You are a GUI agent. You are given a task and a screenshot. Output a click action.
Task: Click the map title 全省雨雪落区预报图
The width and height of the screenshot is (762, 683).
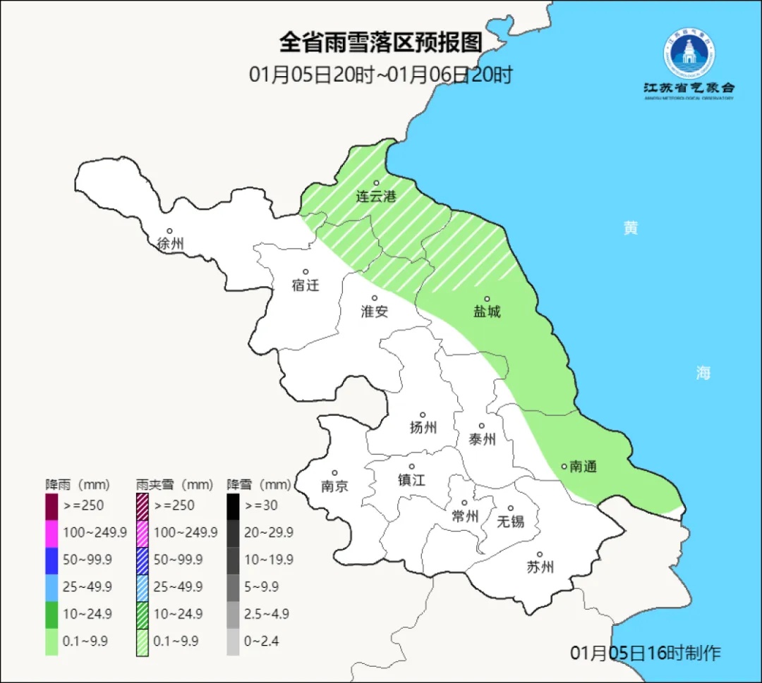tap(380, 43)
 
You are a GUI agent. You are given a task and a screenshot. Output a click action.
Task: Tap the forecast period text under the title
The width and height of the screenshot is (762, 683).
tap(380, 75)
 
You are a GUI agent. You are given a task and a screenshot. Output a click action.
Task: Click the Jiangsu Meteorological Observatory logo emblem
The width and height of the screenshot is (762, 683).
tap(688, 54)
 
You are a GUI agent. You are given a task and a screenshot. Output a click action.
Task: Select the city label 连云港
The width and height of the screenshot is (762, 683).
tap(376, 197)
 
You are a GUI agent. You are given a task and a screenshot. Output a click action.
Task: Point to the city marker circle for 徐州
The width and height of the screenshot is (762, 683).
tap(169, 230)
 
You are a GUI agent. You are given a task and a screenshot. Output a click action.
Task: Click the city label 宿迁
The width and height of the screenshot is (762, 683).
tap(306, 285)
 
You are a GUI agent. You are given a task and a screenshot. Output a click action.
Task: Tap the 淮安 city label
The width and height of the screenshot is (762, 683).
tap(375, 311)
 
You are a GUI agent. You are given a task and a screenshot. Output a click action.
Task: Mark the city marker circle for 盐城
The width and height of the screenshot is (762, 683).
tap(486, 299)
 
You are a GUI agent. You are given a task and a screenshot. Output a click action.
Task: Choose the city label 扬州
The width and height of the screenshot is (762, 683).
tap(423, 427)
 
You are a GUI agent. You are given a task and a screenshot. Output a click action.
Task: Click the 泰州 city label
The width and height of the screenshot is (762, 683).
tap(482, 440)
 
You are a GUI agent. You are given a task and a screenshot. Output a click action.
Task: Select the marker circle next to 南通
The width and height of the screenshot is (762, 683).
tap(564, 466)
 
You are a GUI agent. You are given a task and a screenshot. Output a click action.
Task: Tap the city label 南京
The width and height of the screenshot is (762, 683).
tap(334, 486)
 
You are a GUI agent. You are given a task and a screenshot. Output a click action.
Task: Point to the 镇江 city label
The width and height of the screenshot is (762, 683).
tap(411, 480)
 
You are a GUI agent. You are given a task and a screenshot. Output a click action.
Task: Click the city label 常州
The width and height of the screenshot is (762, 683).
tap(465, 517)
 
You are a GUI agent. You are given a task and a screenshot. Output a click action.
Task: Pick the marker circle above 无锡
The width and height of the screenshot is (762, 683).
tap(511, 508)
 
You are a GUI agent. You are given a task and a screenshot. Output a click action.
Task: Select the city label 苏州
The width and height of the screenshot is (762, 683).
tap(540, 567)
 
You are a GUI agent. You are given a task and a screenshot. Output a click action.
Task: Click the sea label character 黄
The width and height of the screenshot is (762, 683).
tap(630, 228)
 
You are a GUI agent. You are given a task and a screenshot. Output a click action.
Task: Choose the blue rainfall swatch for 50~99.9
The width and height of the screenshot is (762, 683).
tap(52, 560)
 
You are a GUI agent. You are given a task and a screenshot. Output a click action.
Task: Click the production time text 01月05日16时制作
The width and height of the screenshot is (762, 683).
tap(646, 653)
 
